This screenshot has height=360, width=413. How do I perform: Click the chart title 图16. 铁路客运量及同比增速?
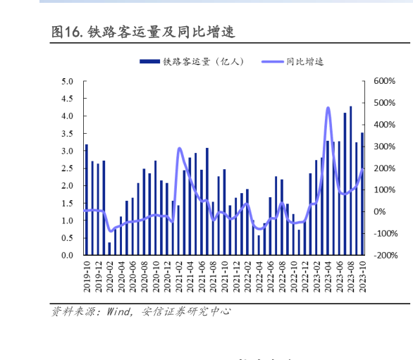(x=142, y=32)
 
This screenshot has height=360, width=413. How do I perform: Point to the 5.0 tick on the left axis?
(x=68, y=82)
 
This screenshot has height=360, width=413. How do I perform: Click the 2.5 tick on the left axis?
(x=68, y=169)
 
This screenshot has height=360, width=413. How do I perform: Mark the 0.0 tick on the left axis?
(x=68, y=256)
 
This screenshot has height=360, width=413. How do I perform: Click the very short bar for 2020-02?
(x=109, y=249)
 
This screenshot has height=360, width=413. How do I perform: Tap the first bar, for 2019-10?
(x=87, y=200)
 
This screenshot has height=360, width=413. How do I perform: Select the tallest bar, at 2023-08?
(x=351, y=181)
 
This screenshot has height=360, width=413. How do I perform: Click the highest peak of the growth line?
(x=328, y=108)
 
